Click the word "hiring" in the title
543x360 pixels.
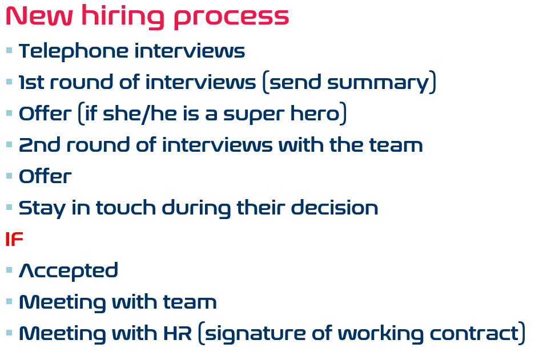(x=123, y=17)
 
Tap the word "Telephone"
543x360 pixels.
(x=74, y=52)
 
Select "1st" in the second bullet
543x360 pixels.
(x=31, y=82)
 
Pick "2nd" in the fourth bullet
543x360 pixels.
(x=40, y=145)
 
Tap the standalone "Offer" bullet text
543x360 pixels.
(x=45, y=176)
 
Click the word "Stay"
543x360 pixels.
(x=42, y=209)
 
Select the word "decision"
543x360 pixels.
(x=335, y=208)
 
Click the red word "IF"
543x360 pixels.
(x=14, y=239)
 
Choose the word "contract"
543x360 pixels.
(x=474, y=333)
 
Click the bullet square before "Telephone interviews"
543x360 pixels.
(x=9, y=51)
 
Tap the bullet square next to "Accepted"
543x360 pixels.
(x=9, y=270)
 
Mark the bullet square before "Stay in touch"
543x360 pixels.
(x=9, y=207)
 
